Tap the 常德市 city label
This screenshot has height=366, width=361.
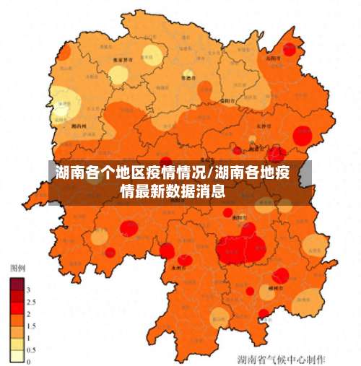188,77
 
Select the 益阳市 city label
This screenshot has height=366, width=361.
225,100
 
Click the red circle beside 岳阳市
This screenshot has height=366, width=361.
290,51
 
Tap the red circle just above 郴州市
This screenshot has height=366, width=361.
281,275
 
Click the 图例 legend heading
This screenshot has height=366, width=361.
17,267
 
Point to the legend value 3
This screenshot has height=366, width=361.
28,289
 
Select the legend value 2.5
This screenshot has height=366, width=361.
30,302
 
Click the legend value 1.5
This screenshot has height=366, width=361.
30,326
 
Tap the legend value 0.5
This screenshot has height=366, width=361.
30,350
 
